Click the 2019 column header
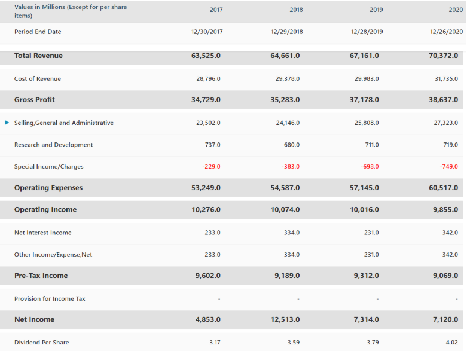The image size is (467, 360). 376,10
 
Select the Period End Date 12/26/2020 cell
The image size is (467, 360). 447,32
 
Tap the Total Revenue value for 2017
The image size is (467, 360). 206,56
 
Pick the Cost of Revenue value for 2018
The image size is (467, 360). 287,79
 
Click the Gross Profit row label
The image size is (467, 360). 35,100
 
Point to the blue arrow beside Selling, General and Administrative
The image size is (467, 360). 7,123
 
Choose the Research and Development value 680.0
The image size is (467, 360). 292,145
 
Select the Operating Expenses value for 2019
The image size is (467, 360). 364,188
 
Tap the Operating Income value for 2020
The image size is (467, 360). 445,210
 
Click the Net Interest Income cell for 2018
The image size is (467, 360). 292,233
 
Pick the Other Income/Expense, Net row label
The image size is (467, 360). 53,255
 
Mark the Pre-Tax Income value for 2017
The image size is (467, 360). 208,276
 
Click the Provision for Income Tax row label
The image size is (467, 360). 50,298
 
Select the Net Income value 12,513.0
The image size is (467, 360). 285,320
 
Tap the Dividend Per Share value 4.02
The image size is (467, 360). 451,343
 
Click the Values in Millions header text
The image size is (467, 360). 70,11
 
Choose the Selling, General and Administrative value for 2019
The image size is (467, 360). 366,123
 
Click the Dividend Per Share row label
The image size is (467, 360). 41,343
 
